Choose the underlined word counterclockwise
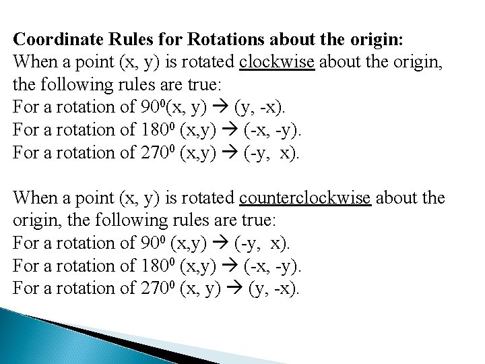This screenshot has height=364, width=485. (305, 198)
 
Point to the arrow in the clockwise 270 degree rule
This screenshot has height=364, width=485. (237, 152)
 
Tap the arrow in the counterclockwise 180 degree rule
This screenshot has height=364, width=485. (237, 266)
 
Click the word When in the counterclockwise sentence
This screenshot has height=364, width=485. (33, 198)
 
